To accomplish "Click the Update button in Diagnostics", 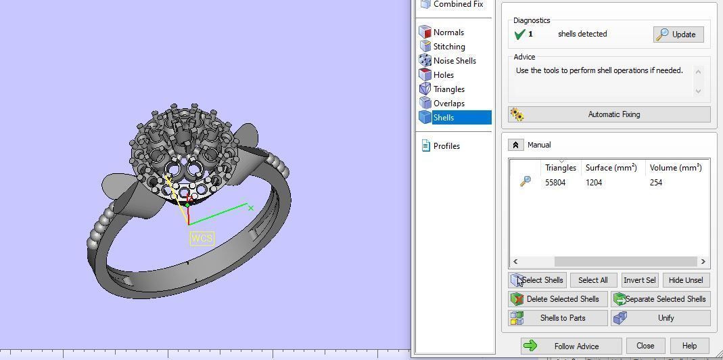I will pos(678,35).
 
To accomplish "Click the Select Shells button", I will pos(536,280).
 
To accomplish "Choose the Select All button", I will pos(593,280).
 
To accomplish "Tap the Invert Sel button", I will pos(639,280).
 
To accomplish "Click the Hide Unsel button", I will pos(685,280).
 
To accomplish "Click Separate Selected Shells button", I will pos(660,299).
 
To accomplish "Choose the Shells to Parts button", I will pos(557,318).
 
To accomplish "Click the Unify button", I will pos(660,318).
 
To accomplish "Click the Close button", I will pos(645,346).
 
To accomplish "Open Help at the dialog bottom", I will pos(689,346).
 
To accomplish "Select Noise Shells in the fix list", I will pos(454,61).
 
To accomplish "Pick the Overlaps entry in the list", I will pos(448,104).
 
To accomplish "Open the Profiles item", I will pos(446,146).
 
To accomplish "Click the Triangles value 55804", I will pos(555,183).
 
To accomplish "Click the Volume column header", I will pos(674,168).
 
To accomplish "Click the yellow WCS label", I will pos(202,238).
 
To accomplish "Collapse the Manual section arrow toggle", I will pos(515,145).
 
